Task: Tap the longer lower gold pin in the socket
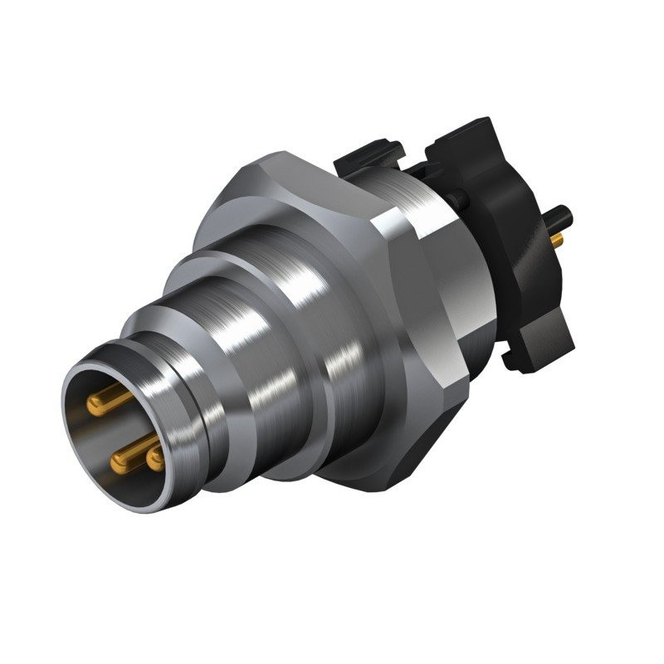click(124, 453)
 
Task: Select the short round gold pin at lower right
click(154, 458)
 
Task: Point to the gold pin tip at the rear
click(557, 240)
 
